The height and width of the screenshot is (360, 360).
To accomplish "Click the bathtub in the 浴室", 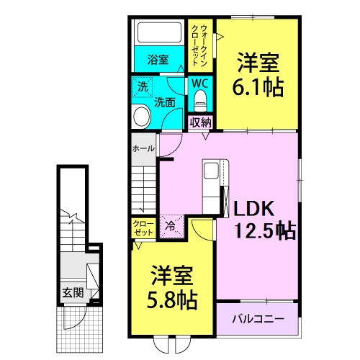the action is point(159,32).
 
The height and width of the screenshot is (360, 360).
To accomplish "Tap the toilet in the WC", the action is point(200,102).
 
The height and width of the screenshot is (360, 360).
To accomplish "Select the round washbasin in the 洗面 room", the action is point(142,117).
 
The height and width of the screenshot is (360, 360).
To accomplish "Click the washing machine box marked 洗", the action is point(143,87).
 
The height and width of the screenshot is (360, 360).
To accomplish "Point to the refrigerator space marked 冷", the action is point(171,226).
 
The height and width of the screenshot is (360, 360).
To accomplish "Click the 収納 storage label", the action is point(200,122).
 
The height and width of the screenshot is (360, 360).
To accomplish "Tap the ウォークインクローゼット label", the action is point(199,45).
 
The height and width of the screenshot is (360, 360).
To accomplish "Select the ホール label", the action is point(143,148).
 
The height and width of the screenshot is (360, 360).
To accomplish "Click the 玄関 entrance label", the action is point(73,293).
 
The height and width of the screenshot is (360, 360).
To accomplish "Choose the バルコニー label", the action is point(258,319).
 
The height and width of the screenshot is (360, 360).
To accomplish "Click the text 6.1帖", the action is point(258,87).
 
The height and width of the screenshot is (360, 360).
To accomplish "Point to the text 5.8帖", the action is point(172,300).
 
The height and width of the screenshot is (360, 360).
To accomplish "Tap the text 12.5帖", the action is point(265,231).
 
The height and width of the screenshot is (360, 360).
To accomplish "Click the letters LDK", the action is point(254,208).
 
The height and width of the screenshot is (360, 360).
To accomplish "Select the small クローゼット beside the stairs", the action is point(143,228).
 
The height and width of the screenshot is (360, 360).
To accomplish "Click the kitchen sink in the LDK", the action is point(211,170).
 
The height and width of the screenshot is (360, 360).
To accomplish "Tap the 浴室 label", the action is point(158,59).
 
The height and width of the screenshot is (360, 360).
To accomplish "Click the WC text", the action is point(200,84).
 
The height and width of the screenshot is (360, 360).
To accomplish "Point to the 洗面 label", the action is point(165,102).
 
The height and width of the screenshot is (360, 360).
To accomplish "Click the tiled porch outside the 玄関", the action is point(80,329).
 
